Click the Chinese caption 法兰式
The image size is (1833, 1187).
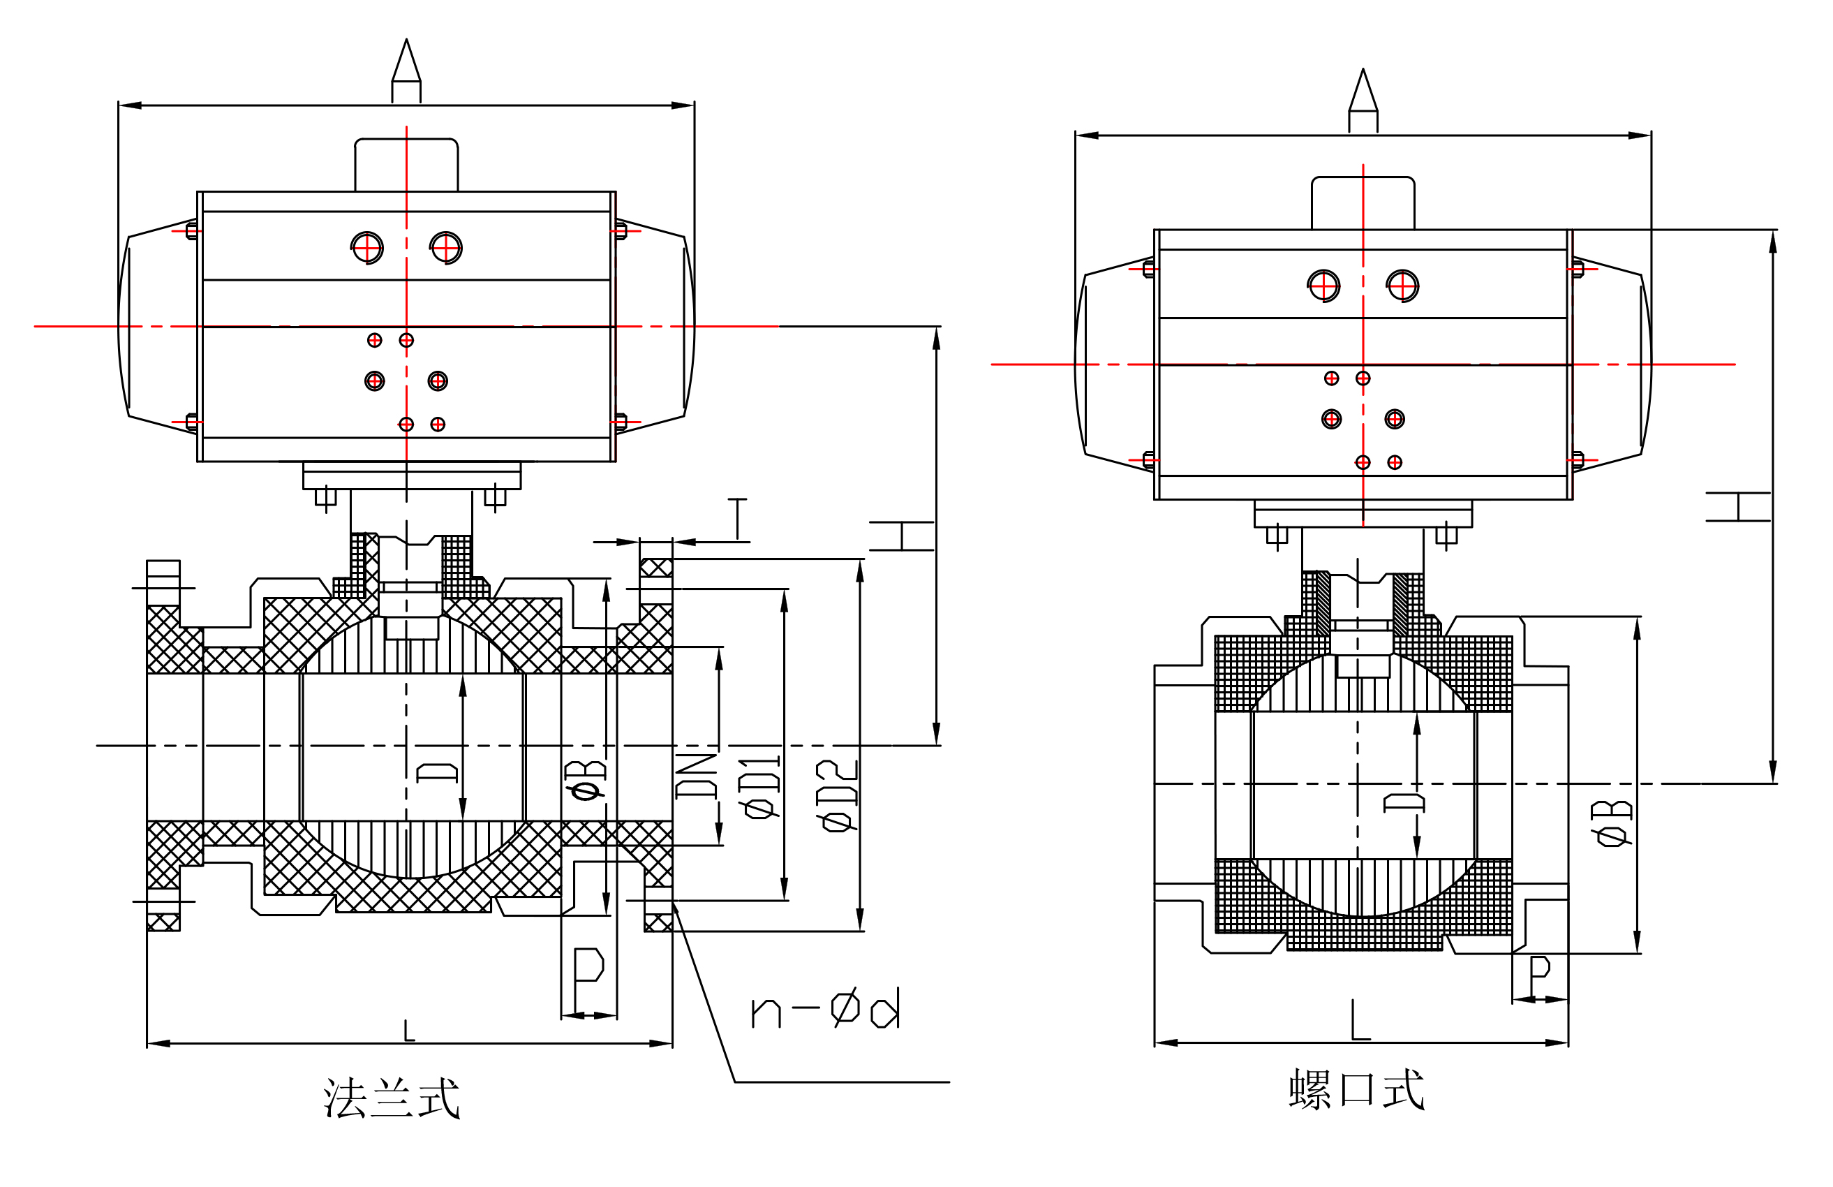click(x=392, y=1097)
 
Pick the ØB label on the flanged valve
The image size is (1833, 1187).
click(x=586, y=781)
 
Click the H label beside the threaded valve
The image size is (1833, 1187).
click(x=1737, y=507)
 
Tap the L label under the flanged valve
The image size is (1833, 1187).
click(x=409, y=1031)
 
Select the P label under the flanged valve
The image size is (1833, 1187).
click(x=588, y=966)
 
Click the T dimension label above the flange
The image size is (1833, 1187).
click(x=737, y=519)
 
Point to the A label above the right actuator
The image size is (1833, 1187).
click(x=1363, y=91)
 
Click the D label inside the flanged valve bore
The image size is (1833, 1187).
click(x=437, y=772)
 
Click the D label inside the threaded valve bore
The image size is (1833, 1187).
click(x=1403, y=803)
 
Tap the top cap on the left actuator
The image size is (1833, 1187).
click(x=406, y=164)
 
